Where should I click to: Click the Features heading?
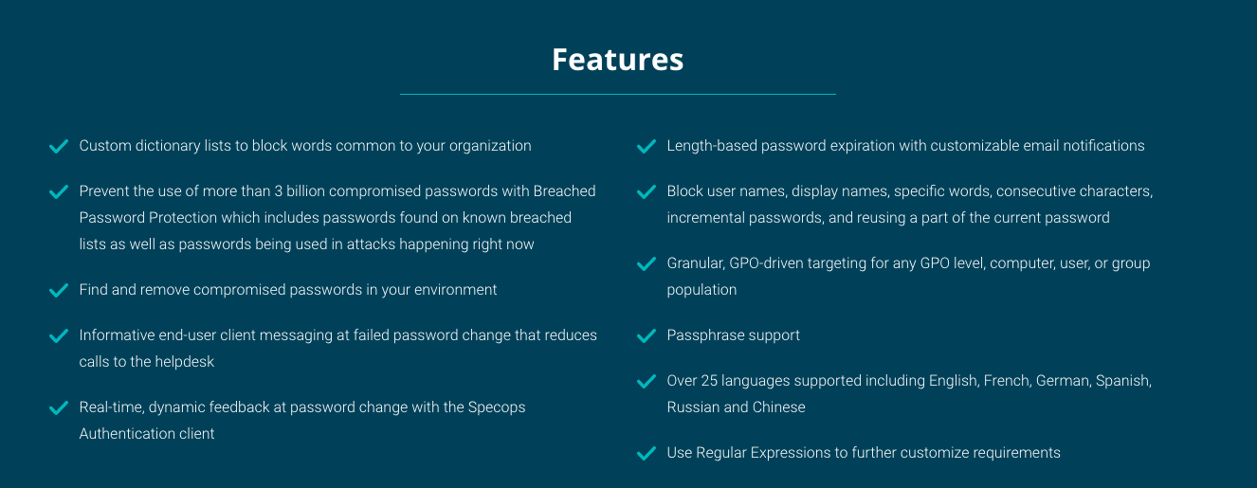pos(617,60)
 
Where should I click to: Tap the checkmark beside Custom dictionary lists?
pos(59,146)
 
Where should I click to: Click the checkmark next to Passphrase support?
pos(647,336)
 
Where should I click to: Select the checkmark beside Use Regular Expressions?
pos(647,453)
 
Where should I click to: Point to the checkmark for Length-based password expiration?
pos(647,146)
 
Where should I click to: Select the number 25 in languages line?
pos(709,381)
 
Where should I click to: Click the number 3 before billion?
pos(279,191)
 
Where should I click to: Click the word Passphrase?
pos(702,335)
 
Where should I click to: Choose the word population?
pos(701,290)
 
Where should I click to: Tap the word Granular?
pos(695,263)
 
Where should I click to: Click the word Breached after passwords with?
pos(564,191)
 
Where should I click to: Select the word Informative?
pos(117,334)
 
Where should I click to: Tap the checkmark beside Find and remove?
pos(59,291)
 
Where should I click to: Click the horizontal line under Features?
pos(617,94)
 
